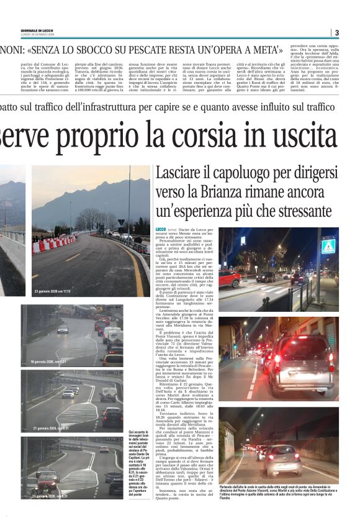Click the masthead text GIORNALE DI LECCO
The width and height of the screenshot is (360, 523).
pos(38,30)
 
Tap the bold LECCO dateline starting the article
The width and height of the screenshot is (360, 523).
pos(161,229)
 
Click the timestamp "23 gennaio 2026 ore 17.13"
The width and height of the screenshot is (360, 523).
pos(53,291)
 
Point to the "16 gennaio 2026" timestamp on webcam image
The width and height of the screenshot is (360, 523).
pos(43,360)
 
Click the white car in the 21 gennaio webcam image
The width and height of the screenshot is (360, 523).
pos(68,393)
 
